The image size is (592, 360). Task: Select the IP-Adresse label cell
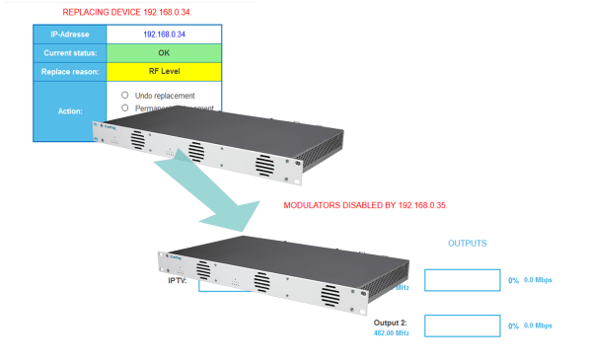[x=69, y=34]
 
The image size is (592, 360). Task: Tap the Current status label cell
[x=69, y=52]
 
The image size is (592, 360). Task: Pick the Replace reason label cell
[x=69, y=71]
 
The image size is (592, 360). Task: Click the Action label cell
[x=69, y=111]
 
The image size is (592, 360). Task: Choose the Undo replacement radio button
[x=125, y=95]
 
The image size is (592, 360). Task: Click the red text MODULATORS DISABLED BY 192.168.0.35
[x=365, y=205]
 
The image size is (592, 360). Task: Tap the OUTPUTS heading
[x=468, y=243]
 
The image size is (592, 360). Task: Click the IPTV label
[x=178, y=280]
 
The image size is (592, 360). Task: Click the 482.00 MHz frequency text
[x=392, y=334]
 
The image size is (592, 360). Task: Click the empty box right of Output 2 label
[x=462, y=324]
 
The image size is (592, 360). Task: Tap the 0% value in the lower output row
[x=513, y=325]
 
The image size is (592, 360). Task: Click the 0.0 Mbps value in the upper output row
[x=538, y=280]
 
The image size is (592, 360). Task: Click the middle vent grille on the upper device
[x=195, y=153]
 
